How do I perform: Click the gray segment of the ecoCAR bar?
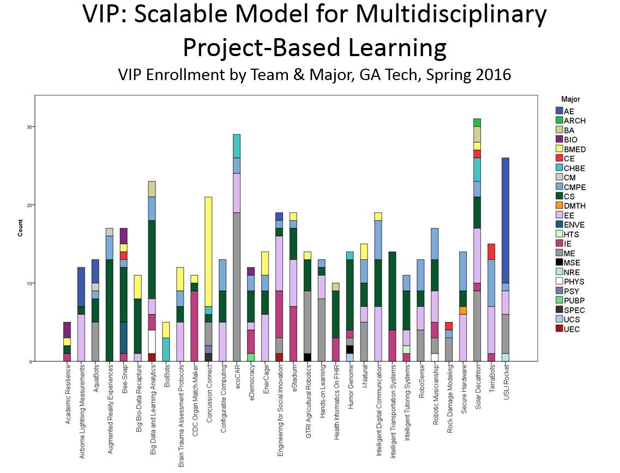(237, 287)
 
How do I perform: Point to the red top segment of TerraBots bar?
(491, 251)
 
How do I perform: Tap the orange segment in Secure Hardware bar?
(462, 310)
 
